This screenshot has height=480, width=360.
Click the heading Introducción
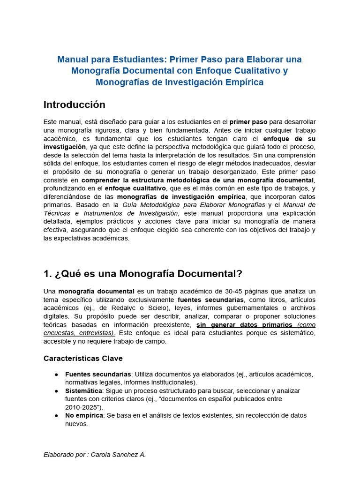[74, 105]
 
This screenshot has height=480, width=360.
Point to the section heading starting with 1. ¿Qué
[142, 274]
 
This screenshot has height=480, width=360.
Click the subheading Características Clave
[83, 358]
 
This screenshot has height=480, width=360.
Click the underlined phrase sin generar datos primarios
[244, 325]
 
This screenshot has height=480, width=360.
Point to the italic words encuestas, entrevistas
[79, 333]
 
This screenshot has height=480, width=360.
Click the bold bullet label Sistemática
[83, 390]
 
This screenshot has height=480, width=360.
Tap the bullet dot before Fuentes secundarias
[56, 374]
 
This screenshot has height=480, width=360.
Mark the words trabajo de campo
[141, 341]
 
